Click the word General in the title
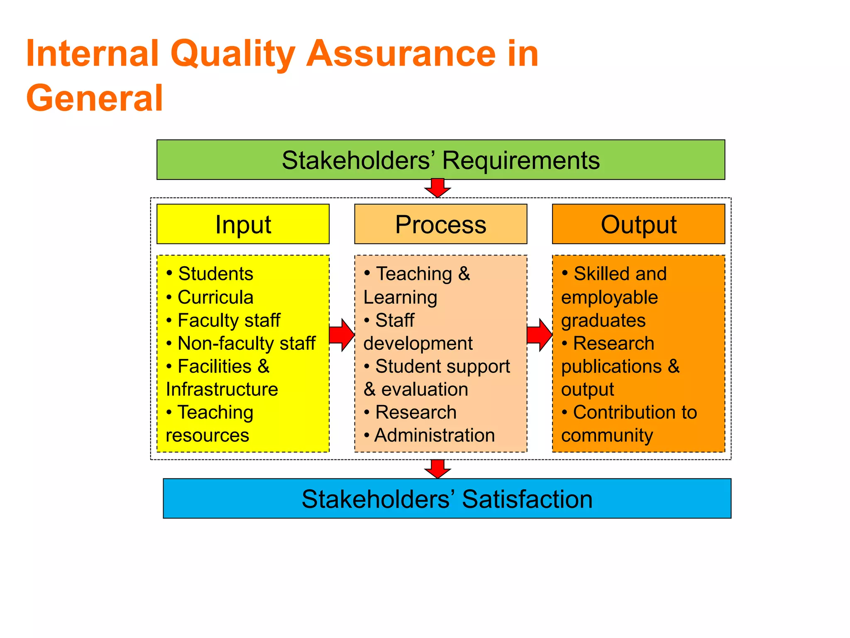click(x=95, y=98)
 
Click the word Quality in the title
click(x=232, y=54)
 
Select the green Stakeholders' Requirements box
click(x=440, y=160)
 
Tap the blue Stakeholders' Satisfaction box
click(x=447, y=498)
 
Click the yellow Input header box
click(x=243, y=224)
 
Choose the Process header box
click(x=440, y=224)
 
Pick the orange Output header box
click(x=638, y=224)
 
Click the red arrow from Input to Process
click(x=342, y=335)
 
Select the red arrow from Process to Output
click(x=539, y=335)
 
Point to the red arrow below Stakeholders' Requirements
click(x=437, y=188)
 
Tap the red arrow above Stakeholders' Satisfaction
click(x=437, y=469)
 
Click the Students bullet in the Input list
click(x=215, y=274)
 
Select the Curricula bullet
click(x=215, y=297)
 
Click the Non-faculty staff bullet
click(x=246, y=344)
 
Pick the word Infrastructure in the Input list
click(x=222, y=390)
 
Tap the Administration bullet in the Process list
click(x=434, y=435)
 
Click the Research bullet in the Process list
click(x=415, y=412)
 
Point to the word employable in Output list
click(x=609, y=297)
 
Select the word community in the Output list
click(x=607, y=436)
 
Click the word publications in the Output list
click(x=611, y=367)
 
